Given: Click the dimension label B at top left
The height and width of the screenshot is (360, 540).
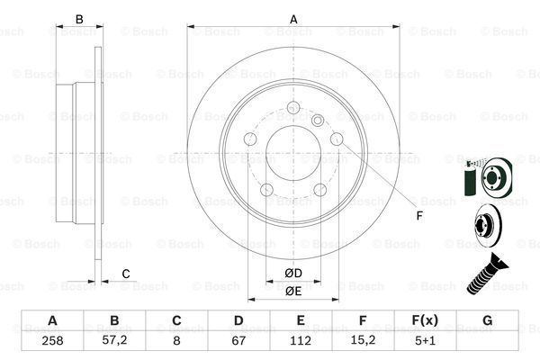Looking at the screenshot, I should coord(79,19).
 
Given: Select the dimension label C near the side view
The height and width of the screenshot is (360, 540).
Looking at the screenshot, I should coord(126,274).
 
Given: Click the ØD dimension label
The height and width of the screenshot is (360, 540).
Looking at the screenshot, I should coord(293,273).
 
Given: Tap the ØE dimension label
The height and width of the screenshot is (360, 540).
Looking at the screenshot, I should coord(293,291).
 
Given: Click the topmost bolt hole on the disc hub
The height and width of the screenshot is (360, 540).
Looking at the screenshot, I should coord(293,111).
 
